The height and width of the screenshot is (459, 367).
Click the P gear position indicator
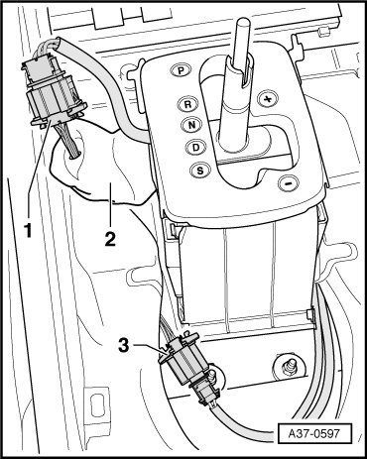tap(181, 70)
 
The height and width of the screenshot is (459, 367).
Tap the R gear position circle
tap(187, 104)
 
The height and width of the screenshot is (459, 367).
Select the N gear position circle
tap(191, 125)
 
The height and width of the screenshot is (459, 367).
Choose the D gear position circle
tap(195, 147)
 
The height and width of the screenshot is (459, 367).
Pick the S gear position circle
tap(199, 171)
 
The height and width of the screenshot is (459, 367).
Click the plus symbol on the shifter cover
tap(268, 99)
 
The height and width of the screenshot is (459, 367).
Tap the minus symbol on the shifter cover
tap(289, 182)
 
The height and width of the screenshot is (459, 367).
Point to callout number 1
tap(29, 230)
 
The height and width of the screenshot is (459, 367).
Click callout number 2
tap(110, 239)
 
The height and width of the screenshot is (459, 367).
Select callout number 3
tap(124, 346)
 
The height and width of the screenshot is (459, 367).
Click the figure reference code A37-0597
tap(314, 433)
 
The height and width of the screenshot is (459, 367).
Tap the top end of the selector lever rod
tap(244, 23)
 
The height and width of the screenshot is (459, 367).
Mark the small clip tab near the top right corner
tap(322, 32)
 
